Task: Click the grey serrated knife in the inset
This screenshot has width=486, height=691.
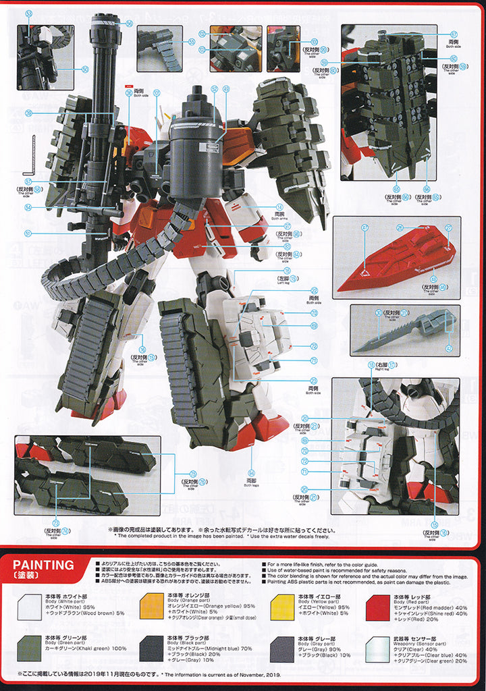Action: pos(405,329)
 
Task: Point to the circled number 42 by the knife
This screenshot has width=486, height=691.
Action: pos(449,348)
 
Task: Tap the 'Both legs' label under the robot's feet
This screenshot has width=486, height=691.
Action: pos(251,482)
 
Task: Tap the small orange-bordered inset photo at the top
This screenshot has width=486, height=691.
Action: pos(234,49)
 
